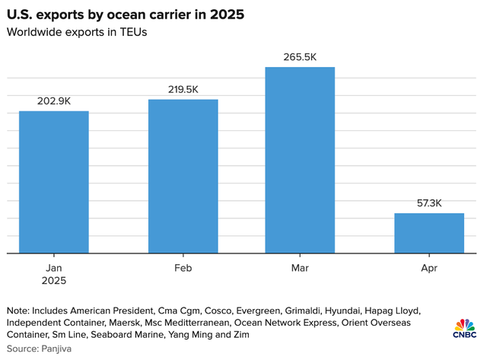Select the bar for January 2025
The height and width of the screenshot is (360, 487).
(54, 182)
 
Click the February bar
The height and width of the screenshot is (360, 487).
(183, 176)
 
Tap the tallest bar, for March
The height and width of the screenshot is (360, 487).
(300, 160)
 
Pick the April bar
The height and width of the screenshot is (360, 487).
(428, 233)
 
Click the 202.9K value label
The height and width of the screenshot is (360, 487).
(54, 101)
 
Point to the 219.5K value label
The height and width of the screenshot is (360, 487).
(183, 89)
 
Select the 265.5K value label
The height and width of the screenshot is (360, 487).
(300, 56)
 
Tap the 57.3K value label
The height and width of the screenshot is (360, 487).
(428, 203)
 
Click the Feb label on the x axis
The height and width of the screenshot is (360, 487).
(183, 268)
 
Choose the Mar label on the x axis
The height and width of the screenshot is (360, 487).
(300, 268)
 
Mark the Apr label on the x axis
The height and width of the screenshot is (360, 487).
(428, 268)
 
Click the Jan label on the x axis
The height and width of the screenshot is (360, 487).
(54, 268)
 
